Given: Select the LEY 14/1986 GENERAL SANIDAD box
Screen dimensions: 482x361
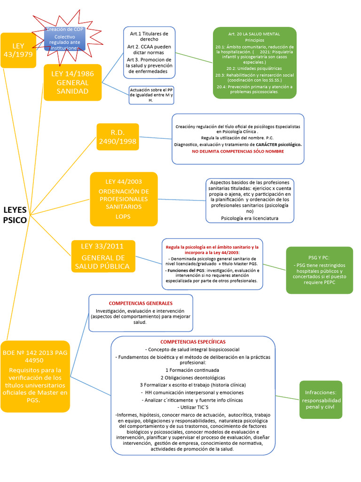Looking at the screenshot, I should click(72, 82).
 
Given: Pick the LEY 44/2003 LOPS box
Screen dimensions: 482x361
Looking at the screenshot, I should click(124, 199).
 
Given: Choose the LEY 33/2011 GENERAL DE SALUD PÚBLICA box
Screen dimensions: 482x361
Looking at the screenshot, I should click(103, 257).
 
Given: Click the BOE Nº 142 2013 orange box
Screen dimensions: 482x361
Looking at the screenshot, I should click(35, 376).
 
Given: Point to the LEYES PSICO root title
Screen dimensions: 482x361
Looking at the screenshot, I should click(15, 214).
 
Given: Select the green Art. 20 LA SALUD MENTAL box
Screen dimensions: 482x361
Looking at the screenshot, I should click(254, 63).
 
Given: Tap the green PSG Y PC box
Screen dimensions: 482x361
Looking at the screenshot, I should click(319, 270).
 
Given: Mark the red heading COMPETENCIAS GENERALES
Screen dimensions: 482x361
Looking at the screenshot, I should click(141, 303).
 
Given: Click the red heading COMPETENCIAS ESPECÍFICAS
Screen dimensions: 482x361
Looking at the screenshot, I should click(193, 341).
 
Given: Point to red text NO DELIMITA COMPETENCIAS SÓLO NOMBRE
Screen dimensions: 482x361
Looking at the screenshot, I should click(238, 152).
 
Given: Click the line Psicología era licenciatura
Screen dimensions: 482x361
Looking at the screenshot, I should click(250, 218).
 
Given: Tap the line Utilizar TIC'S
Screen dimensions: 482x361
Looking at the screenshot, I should click(193, 407).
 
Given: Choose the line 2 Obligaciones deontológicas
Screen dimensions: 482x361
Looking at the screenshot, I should click(193, 378).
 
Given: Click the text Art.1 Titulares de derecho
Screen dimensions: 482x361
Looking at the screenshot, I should click(149, 36).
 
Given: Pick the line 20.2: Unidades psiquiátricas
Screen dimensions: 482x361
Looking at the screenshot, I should click(254, 69).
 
